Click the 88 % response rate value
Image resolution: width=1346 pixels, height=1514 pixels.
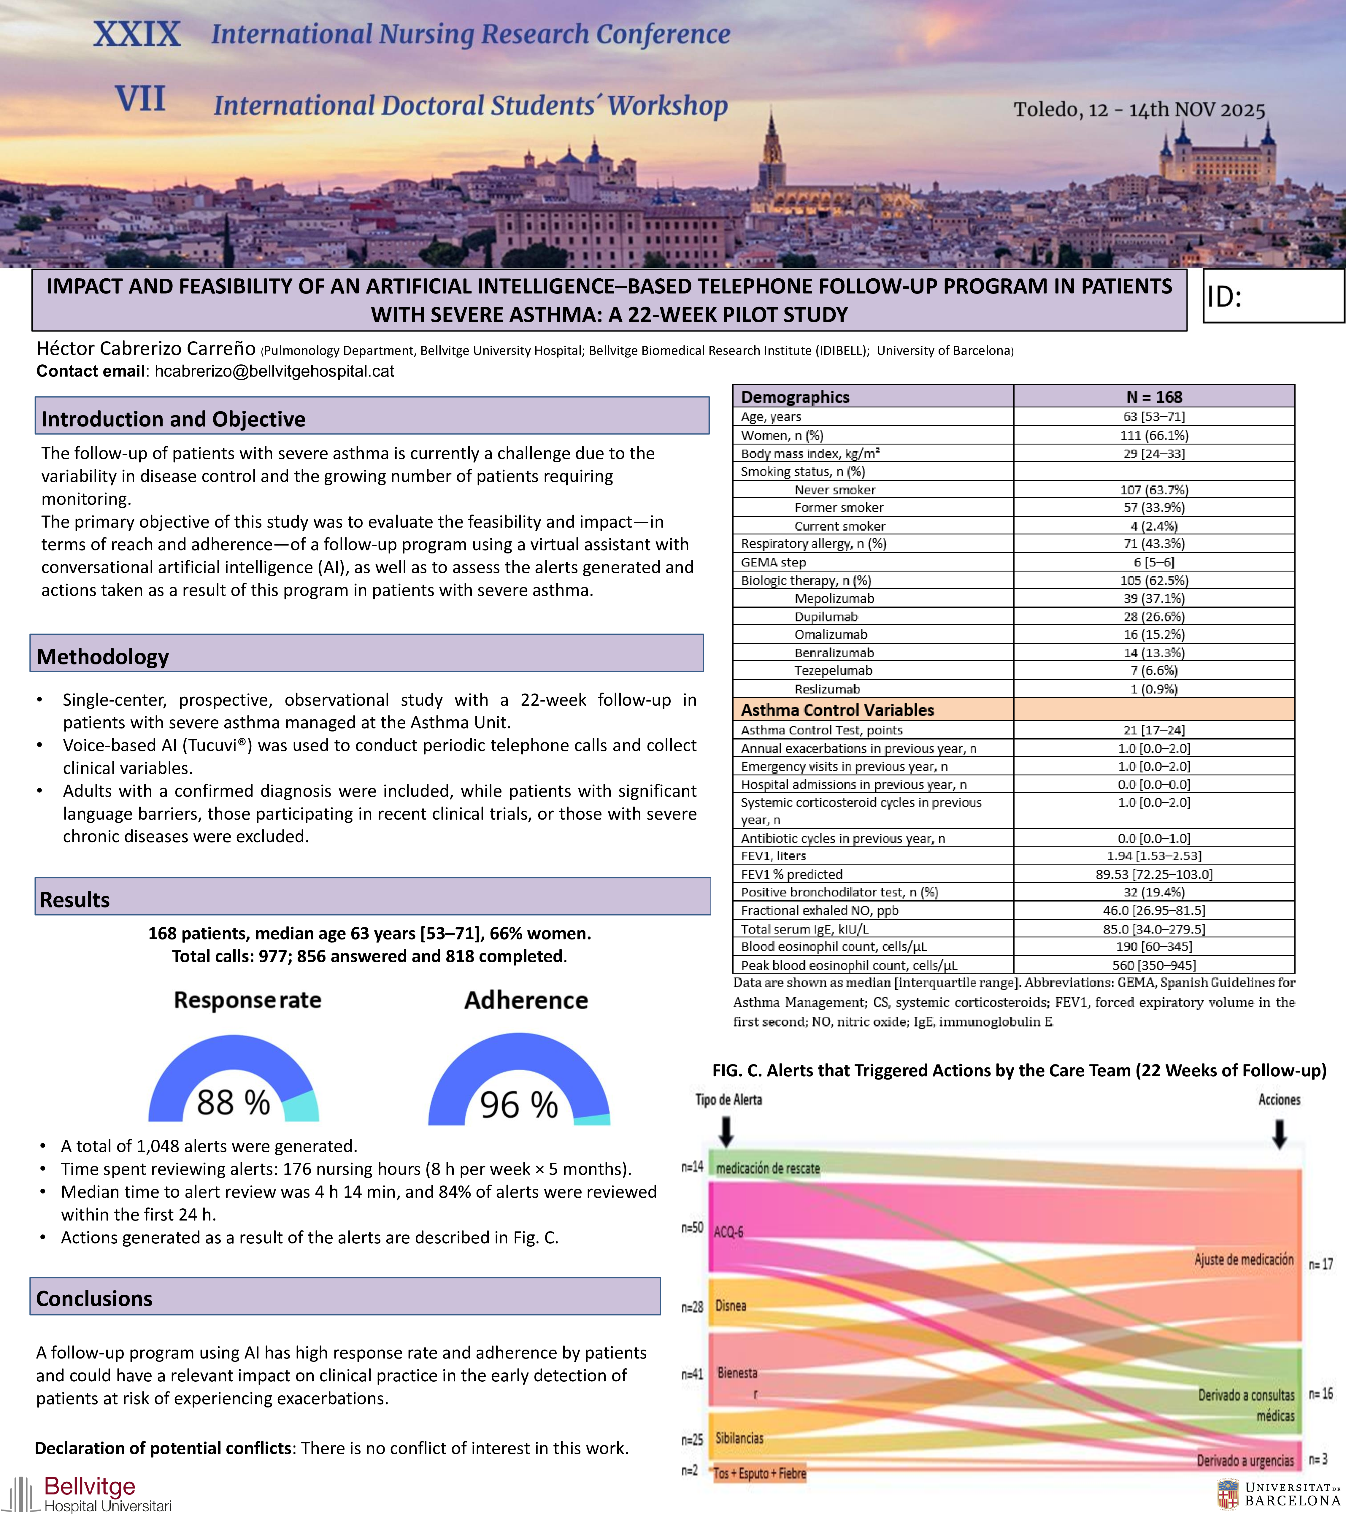click(233, 1103)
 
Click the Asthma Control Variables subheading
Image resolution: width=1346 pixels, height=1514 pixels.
click(837, 710)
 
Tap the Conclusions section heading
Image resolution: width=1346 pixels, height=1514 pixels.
click(94, 1299)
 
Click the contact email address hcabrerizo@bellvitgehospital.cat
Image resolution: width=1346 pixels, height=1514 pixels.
click(274, 371)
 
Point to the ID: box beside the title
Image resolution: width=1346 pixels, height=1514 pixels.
click(1273, 296)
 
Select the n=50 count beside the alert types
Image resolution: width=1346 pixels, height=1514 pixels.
click(692, 1227)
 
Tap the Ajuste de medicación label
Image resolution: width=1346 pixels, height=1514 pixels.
click(1244, 1259)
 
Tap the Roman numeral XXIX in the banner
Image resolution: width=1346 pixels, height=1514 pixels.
click(137, 34)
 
